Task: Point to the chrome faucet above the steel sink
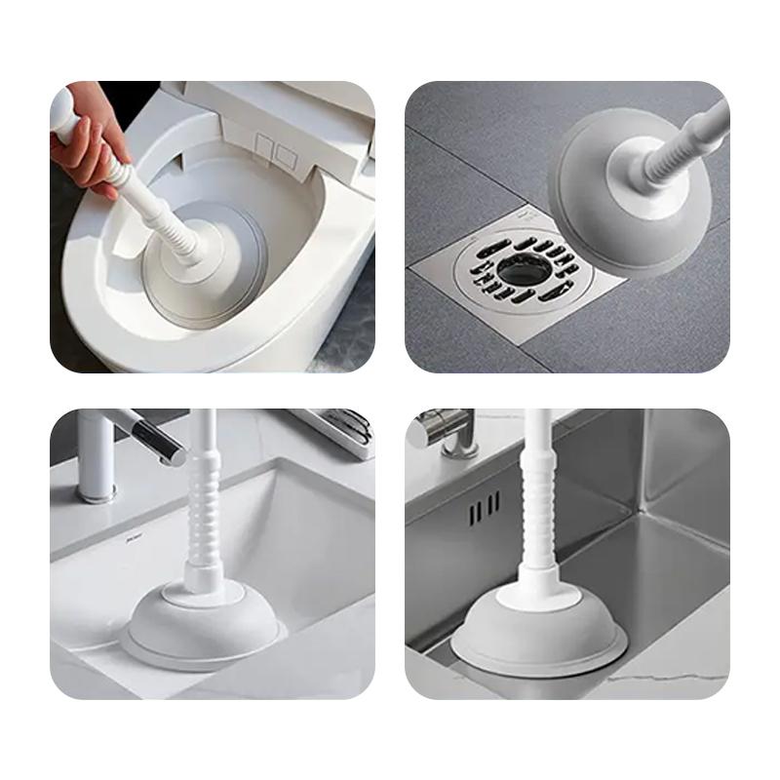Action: [x=444, y=429]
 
